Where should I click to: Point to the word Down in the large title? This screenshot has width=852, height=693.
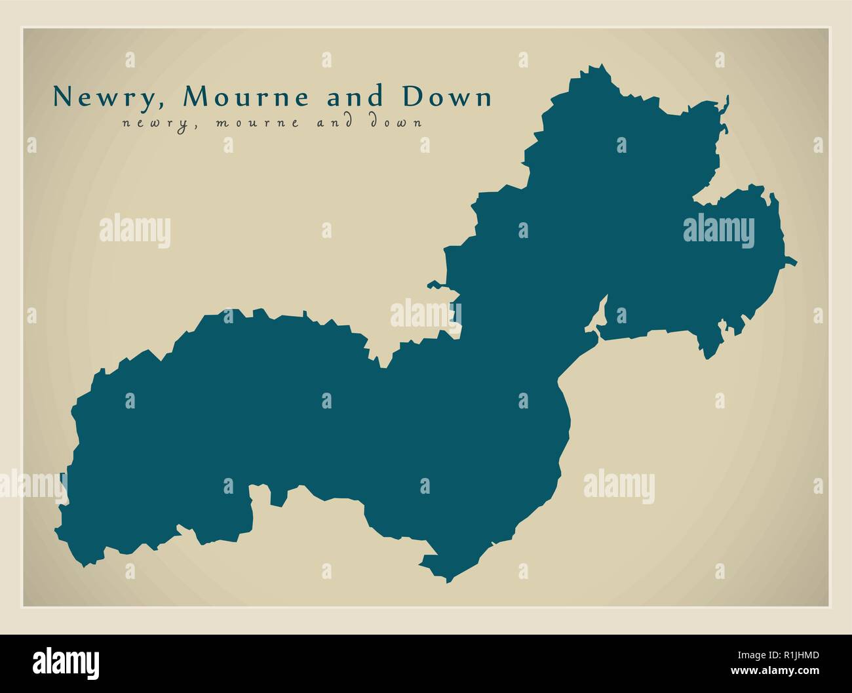[447, 97]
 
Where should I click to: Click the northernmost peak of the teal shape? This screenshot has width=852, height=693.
[600, 67]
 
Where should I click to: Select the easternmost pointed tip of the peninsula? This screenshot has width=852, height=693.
[795, 263]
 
